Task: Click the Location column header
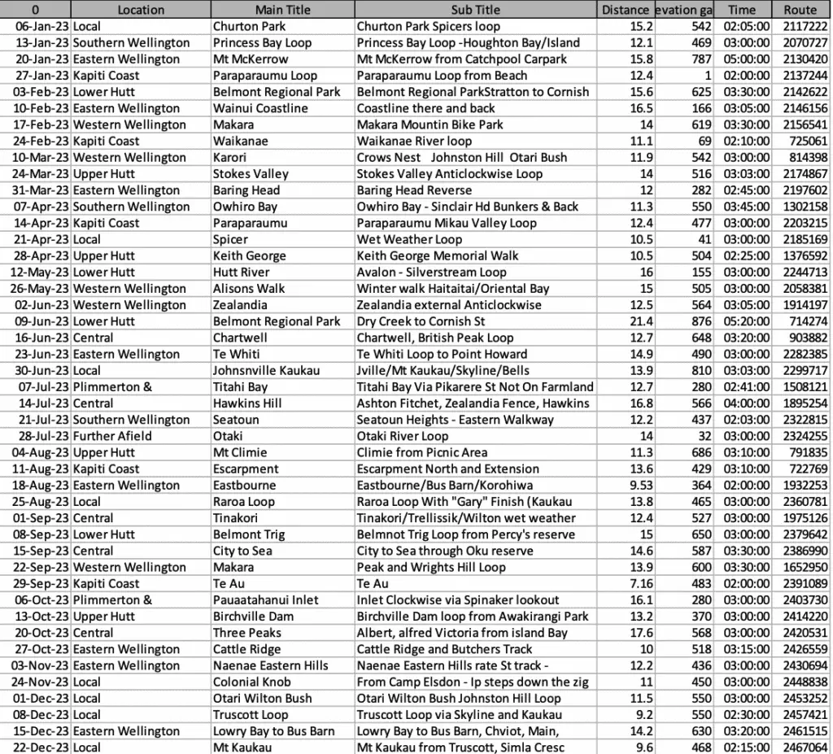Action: click(x=141, y=10)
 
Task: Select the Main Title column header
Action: click(x=282, y=10)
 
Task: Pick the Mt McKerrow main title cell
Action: click(x=251, y=59)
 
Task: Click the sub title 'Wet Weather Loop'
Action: click(x=409, y=239)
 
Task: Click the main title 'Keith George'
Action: click(x=249, y=255)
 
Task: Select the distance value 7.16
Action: click(x=634, y=583)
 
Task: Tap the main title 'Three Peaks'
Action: click(x=247, y=633)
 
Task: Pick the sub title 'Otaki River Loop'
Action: click(x=403, y=436)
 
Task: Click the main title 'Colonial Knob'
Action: click(x=251, y=682)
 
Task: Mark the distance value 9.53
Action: click(x=634, y=485)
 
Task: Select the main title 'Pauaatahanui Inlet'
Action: click(x=265, y=599)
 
